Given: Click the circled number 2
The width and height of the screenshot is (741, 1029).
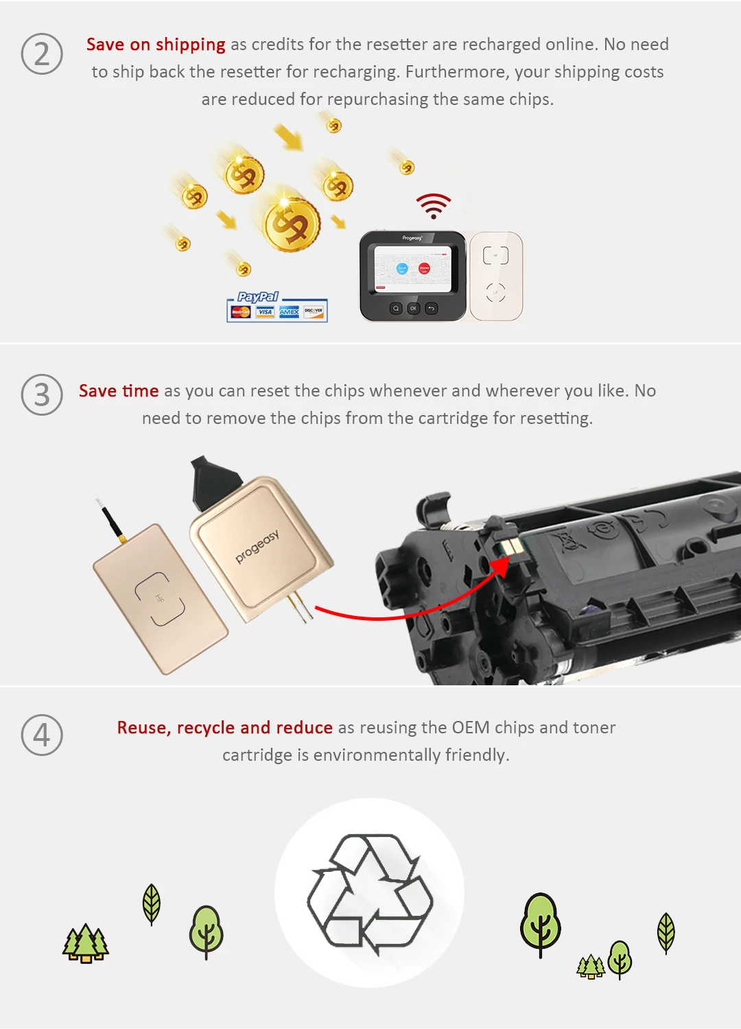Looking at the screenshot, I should (x=42, y=54).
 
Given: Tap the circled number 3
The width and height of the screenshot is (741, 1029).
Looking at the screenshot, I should (x=42, y=394).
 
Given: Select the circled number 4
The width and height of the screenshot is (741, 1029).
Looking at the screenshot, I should (x=42, y=735).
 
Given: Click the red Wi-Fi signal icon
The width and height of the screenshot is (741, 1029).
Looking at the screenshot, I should (x=434, y=205).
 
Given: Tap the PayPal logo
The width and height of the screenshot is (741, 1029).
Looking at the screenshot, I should (x=257, y=297).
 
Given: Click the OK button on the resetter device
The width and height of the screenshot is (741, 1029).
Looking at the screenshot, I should (x=413, y=309).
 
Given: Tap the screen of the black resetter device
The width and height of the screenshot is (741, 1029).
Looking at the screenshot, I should (x=413, y=269).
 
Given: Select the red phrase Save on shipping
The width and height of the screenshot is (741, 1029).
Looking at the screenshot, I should (x=156, y=45).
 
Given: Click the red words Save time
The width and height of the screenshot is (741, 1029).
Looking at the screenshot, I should (x=119, y=391).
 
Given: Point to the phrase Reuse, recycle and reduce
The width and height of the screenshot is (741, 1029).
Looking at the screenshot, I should (x=224, y=728).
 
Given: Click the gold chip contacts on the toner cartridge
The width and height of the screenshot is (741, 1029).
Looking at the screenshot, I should (x=511, y=547).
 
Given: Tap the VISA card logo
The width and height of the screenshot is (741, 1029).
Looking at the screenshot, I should (x=266, y=312).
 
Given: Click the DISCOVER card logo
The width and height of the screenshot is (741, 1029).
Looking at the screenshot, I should (x=314, y=311).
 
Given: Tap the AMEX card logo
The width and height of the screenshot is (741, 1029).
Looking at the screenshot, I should (x=289, y=312).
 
